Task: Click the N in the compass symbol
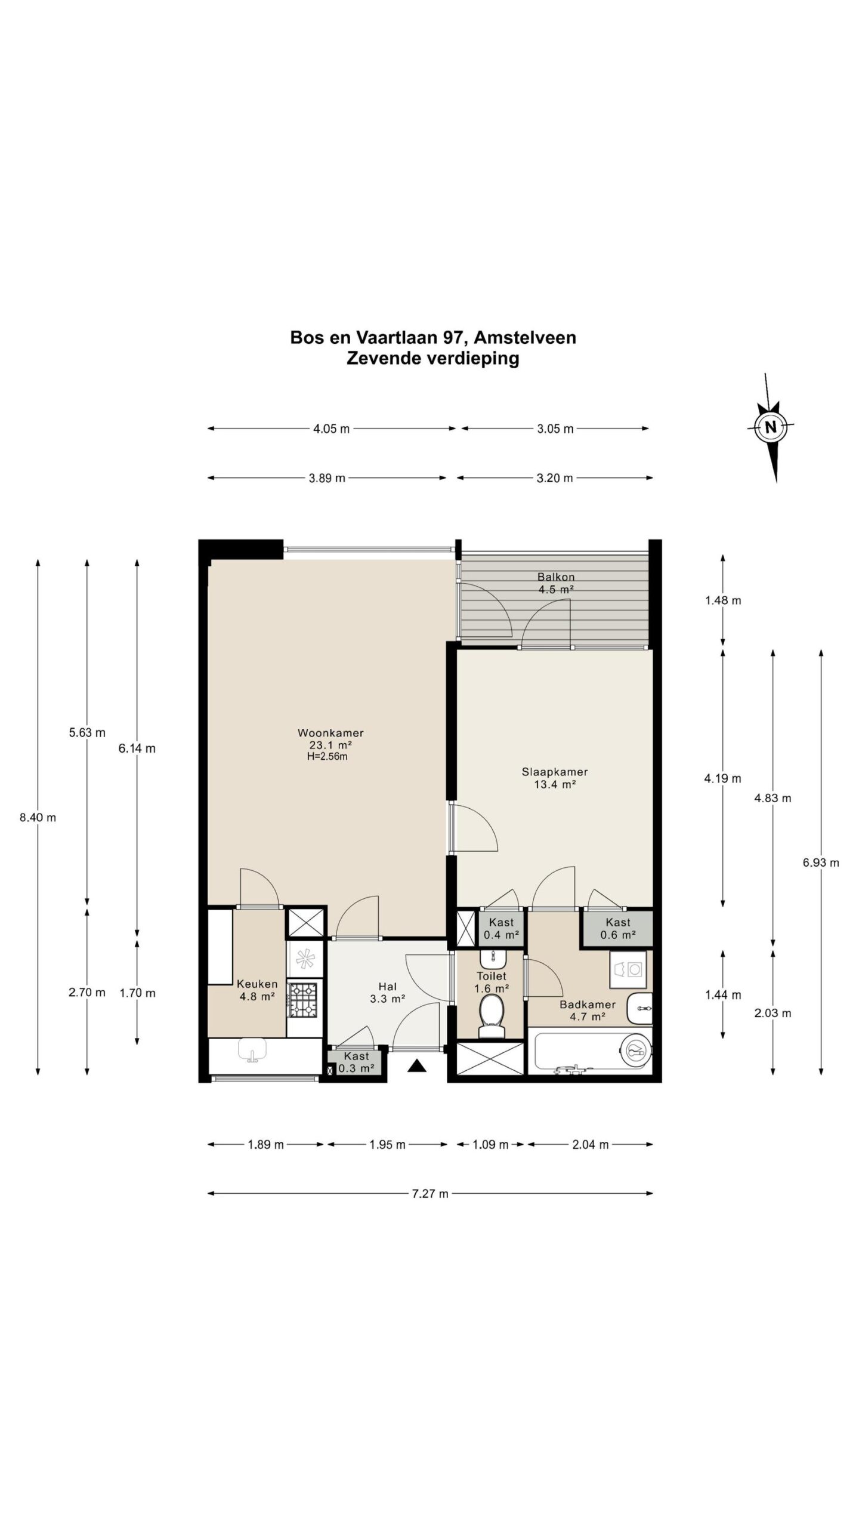[770, 427]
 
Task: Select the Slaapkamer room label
[554, 772]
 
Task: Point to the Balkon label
[555, 577]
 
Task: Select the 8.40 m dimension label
[38, 818]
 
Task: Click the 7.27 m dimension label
[430, 1193]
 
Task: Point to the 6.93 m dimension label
[821, 862]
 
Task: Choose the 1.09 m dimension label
[490, 1144]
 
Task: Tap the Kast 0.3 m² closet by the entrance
[356, 1063]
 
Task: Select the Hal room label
[387, 987]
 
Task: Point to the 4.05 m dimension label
[331, 429]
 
